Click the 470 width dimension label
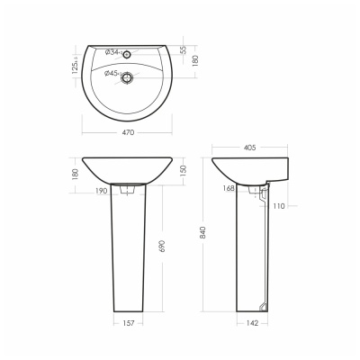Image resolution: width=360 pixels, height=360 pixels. (128, 132)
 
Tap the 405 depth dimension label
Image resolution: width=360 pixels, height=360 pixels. (250, 148)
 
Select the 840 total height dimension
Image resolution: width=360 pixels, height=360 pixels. (203, 232)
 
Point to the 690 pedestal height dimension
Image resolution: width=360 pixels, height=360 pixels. (162, 246)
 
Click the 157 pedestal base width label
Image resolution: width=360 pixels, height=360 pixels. (129, 323)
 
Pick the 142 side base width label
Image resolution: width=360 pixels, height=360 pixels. (252, 323)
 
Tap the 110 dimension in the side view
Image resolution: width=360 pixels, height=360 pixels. (279, 206)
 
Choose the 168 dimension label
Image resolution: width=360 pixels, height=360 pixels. (229, 188)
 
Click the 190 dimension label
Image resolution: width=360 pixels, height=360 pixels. (102, 191)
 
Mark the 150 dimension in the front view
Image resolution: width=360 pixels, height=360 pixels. (184, 170)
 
